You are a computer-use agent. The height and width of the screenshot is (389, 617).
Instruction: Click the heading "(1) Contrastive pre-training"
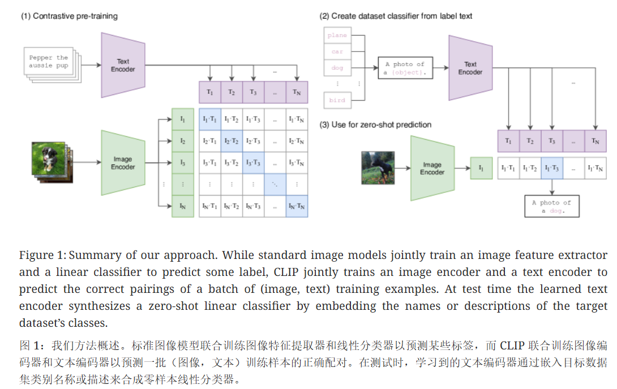(69, 16)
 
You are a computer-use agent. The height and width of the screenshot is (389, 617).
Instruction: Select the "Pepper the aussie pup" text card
(49, 62)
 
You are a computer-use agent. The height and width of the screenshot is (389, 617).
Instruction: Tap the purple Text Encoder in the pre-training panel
(123, 65)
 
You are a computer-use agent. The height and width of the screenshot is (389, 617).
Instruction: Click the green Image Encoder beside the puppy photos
(123, 163)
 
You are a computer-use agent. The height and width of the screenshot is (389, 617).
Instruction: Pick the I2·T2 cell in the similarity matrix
(231, 141)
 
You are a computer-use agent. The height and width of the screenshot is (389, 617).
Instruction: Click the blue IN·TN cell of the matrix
(297, 206)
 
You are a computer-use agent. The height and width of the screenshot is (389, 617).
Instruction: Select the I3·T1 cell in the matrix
(209, 163)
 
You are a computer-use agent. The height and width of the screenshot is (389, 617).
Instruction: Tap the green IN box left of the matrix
(182, 206)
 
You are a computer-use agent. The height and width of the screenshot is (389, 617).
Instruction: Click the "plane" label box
(337, 36)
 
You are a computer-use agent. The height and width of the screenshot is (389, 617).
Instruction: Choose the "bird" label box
(337, 100)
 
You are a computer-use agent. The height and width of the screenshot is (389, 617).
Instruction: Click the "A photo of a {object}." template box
(404, 68)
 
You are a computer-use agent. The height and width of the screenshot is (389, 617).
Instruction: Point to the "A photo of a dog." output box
(552, 206)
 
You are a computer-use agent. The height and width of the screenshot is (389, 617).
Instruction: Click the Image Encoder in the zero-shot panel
(432, 168)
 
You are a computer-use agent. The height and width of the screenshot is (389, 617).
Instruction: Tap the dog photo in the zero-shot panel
(377, 168)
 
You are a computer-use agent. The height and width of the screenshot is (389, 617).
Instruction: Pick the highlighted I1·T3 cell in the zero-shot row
(551, 168)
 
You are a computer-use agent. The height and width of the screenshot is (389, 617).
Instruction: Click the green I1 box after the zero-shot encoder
(481, 168)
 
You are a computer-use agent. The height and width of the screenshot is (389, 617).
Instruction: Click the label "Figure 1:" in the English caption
(42, 256)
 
